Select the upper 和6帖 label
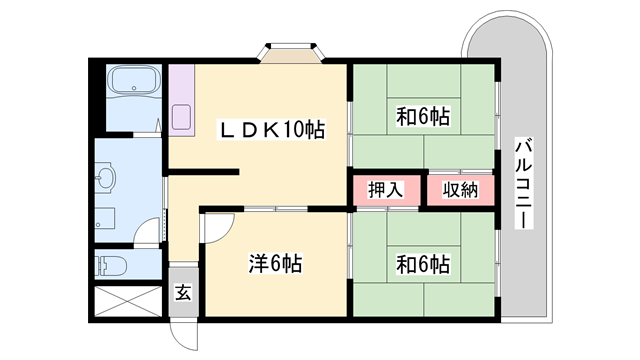point(422,117)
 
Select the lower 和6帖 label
point(422,265)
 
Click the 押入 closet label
point(385,189)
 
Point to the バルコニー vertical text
point(523,183)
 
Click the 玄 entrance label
point(184,293)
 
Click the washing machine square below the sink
point(107,218)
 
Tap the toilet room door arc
point(148,240)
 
